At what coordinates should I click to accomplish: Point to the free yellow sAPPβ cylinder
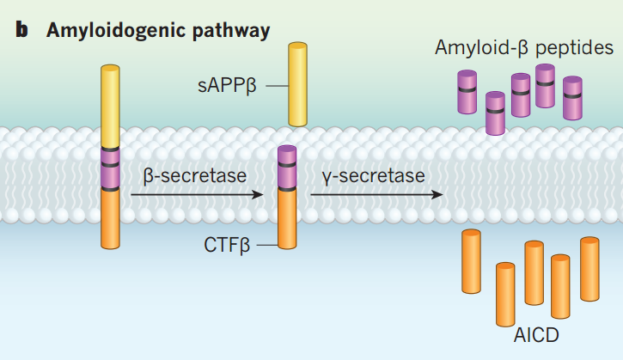[298, 85]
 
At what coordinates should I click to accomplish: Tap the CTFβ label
[228, 246]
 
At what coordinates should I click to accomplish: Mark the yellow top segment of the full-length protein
[110, 107]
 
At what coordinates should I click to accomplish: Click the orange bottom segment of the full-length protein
[110, 229]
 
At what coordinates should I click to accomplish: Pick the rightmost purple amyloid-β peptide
[572, 98]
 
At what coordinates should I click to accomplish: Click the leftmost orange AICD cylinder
[472, 262]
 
